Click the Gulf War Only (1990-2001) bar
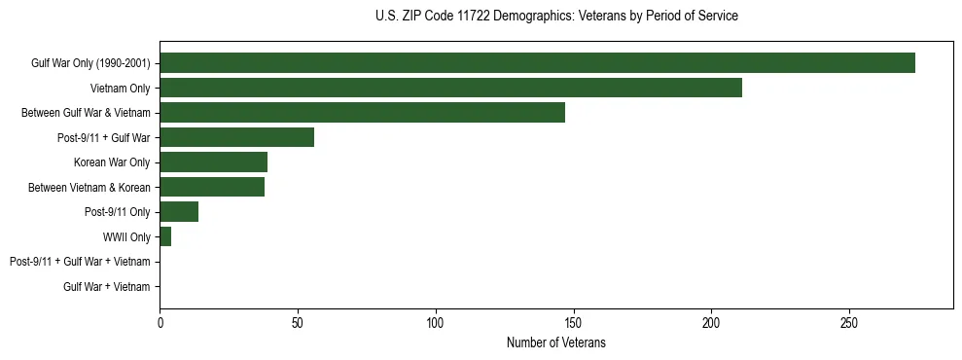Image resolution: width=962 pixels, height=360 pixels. click(537, 62)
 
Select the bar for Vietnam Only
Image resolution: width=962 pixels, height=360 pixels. click(450, 88)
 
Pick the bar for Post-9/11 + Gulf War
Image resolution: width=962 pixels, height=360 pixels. click(236, 137)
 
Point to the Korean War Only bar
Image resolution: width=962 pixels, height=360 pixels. click(213, 162)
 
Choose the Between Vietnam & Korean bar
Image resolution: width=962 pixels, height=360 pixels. click(212, 187)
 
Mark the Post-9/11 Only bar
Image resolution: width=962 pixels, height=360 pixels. click(179, 212)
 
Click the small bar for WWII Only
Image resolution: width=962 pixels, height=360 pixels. click(165, 236)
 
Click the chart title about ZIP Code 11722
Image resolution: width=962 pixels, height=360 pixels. click(556, 17)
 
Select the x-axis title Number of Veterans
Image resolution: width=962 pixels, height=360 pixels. click(556, 342)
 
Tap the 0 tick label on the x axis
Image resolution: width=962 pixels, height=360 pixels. click(160, 322)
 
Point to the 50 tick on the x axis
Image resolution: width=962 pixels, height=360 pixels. click(298, 322)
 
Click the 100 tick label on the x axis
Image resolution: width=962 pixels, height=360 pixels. click(436, 322)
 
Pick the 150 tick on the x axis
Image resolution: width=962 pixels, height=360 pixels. click(574, 322)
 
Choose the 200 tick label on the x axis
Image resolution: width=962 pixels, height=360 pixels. click(711, 322)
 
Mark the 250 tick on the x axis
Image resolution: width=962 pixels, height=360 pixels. click(849, 322)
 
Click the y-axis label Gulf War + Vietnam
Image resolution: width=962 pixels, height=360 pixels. click(107, 287)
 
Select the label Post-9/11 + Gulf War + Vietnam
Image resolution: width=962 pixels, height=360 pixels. click(80, 262)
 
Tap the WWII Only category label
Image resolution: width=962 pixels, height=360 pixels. click(126, 236)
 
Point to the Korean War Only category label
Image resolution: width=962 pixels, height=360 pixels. click(112, 162)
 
